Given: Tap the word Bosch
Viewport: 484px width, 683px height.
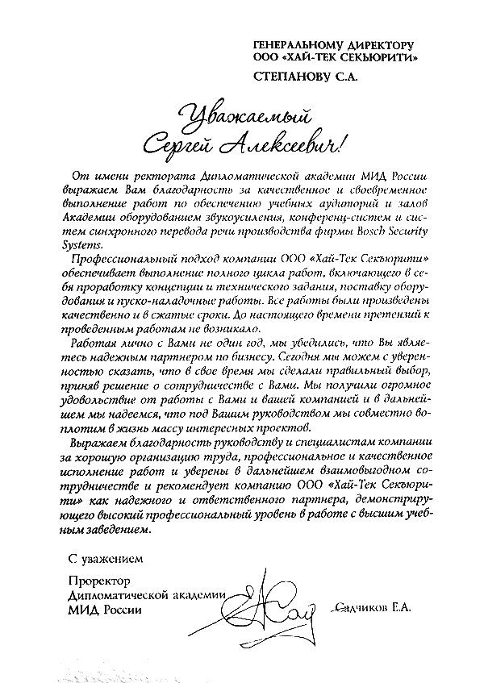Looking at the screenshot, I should coord(377,231).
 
